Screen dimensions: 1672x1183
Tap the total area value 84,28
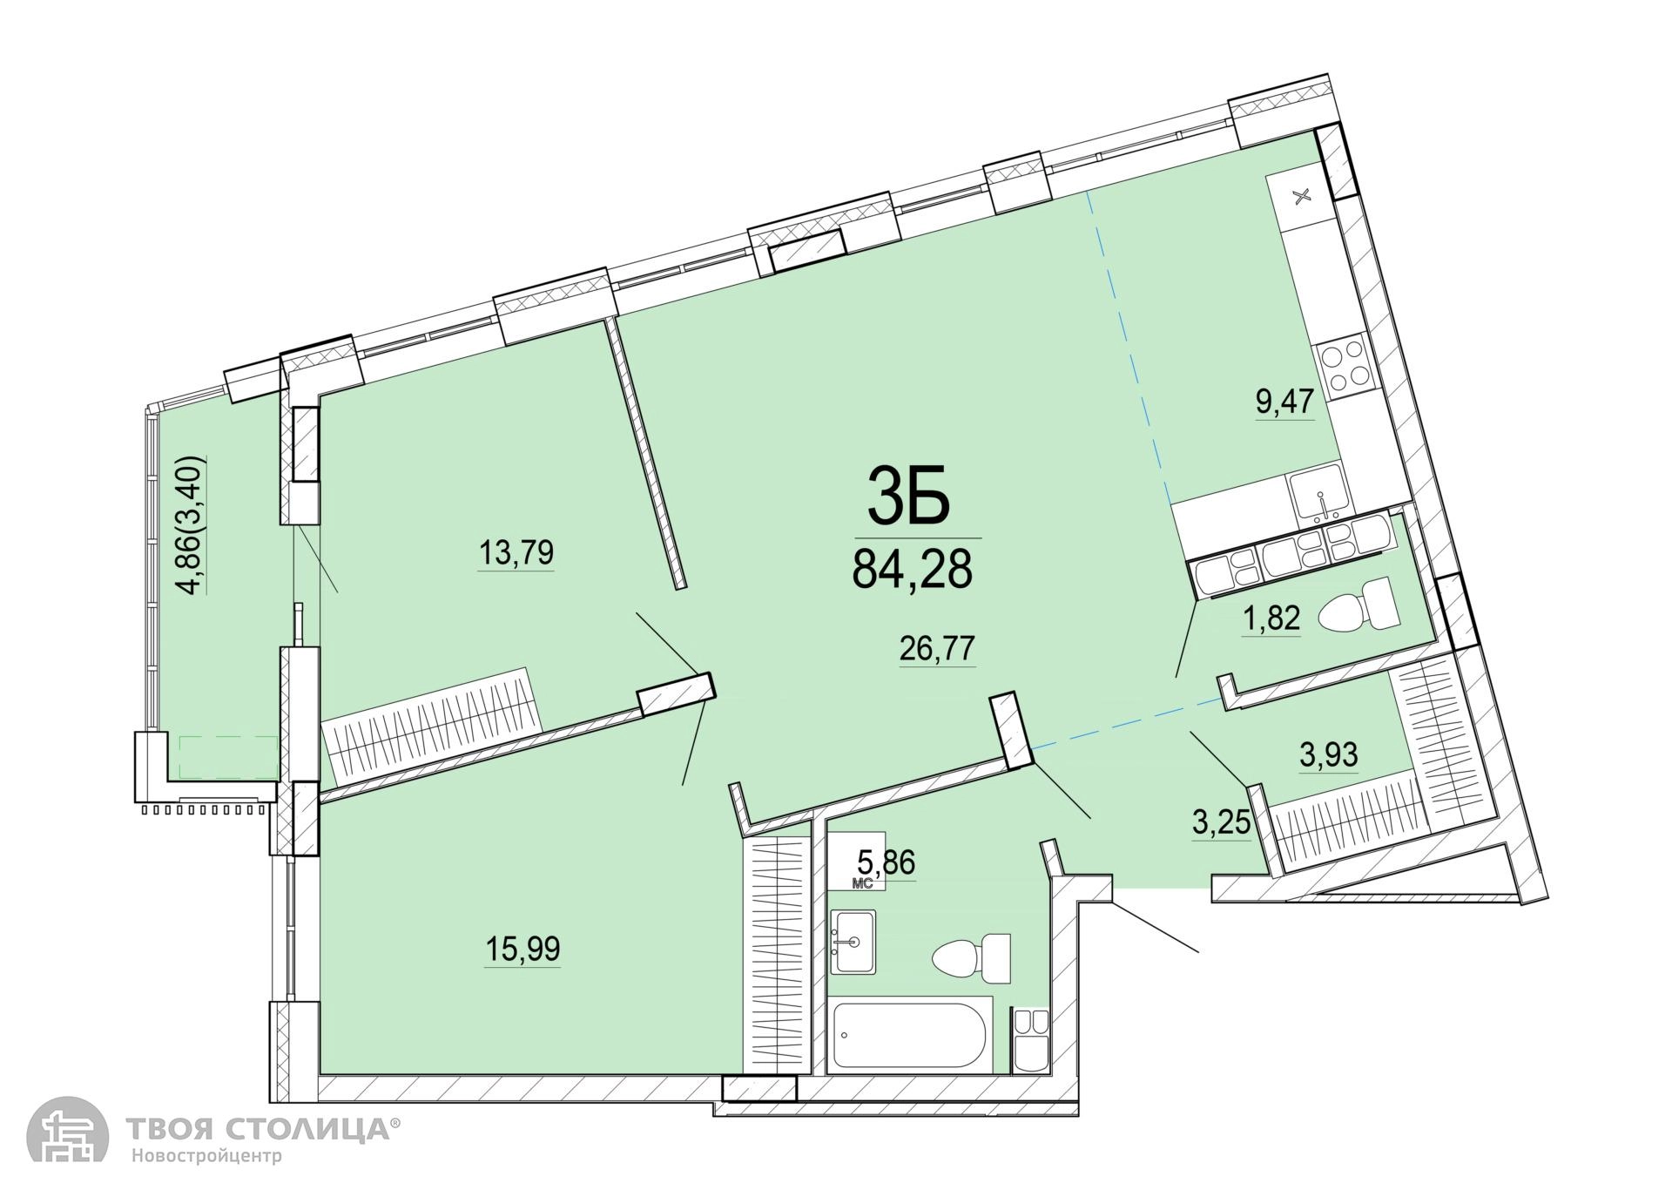pos(912,571)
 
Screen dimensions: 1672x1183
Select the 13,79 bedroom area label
pos(516,552)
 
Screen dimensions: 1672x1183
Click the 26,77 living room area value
pos(937,649)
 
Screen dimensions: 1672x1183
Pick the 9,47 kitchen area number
pos(1284,403)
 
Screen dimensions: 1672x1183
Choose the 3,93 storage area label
pos(1329,754)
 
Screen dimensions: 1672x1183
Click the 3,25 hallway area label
pos(1221,822)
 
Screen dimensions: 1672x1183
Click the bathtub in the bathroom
pos(909,1036)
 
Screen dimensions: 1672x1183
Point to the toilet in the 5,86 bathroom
pos(971,958)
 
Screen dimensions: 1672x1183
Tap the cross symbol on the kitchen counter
pos(1303,196)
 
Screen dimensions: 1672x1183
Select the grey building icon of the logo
pos(67,1129)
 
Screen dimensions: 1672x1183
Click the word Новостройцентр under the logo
pos(207,1157)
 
